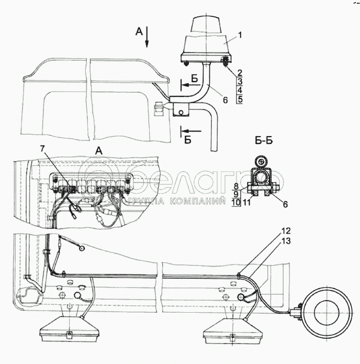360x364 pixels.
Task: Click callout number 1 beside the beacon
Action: (240, 35)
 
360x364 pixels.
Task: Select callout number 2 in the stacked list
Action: (240, 73)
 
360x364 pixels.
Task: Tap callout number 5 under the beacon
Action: (240, 99)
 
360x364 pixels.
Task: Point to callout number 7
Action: (42, 149)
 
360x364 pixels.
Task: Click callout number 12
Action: (286, 231)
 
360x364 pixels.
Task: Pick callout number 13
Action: (286, 241)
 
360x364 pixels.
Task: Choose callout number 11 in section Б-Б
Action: (246, 203)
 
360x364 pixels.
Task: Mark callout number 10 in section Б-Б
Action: (237, 203)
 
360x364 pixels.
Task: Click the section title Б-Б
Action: (264, 140)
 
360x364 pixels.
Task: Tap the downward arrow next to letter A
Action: (147, 37)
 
